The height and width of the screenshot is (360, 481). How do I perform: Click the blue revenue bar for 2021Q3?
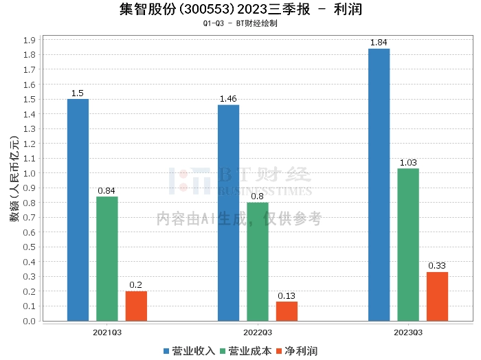coord(78,210)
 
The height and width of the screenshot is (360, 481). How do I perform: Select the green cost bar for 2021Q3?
coord(107,258)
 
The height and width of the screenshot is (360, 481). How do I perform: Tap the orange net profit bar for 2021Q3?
coord(136,306)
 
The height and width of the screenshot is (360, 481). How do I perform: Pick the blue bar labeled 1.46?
coord(228,212)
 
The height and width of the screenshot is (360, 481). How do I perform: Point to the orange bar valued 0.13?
coord(287,311)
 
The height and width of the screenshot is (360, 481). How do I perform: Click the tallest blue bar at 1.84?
coord(379,184)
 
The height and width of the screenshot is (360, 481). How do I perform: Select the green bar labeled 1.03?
coord(408,244)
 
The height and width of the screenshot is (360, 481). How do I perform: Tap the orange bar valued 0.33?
coord(437,296)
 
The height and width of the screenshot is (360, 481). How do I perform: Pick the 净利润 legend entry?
coord(297,351)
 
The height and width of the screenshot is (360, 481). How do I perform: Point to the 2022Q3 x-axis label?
coord(258,332)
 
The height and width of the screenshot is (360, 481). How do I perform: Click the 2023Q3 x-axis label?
coord(408,332)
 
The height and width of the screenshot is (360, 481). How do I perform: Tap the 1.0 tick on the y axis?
coord(30,173)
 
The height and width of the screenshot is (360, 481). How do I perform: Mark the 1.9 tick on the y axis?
coord(30,40)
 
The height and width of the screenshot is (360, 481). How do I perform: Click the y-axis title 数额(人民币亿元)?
coord(13,180)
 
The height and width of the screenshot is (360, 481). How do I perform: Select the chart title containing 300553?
coord(240,10)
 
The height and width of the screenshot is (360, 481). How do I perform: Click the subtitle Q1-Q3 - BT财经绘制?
coord(240,23)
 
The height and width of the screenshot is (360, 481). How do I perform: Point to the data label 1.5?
coord(78,93)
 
